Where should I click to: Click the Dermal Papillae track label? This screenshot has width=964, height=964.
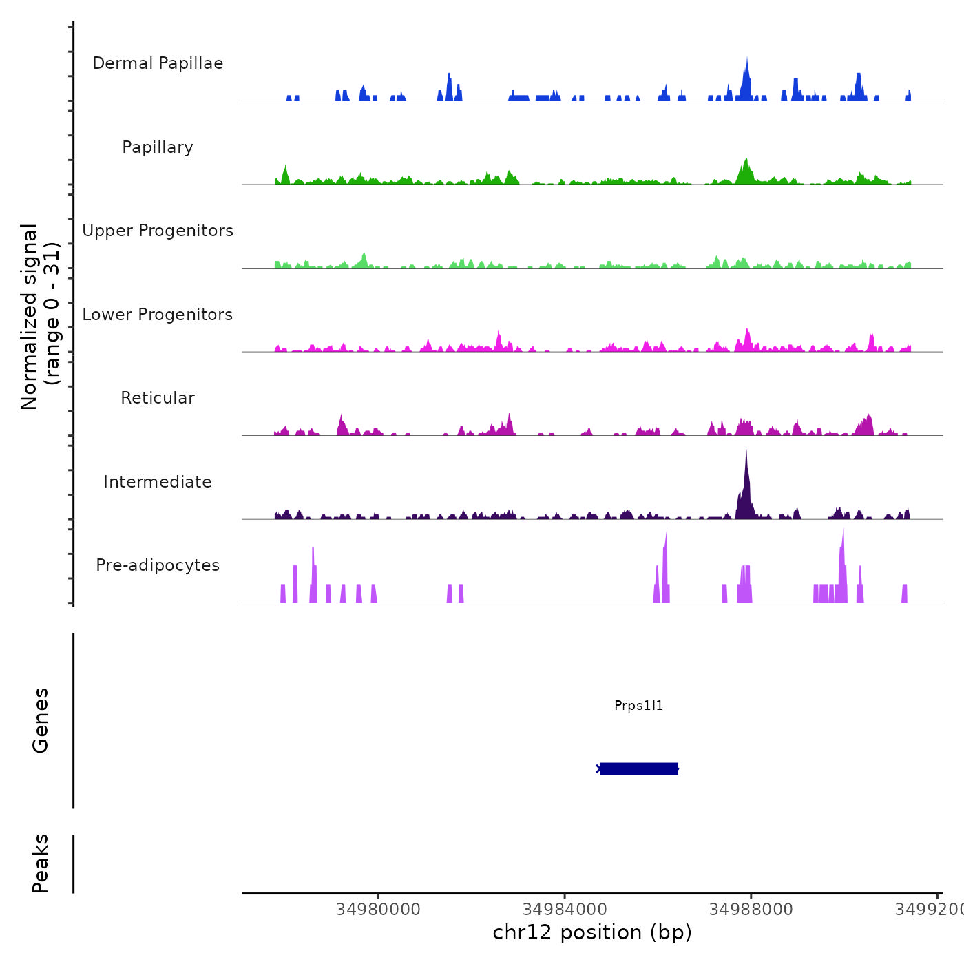pyautogui.click(x=158, y=63)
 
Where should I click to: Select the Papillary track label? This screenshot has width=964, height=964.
pyautogui.click(x=158, y=147)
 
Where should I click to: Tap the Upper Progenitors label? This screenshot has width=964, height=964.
pyautogui.click(x=158, y=231)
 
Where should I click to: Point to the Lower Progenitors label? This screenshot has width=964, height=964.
pyautogui.click(x=158, y=315)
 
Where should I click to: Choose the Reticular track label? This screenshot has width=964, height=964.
pyautogui.click(x=158, y=398)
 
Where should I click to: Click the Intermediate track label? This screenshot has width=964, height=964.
pyautogui.click(x=158, y=482)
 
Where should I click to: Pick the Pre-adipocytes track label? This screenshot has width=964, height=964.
pyautogui.click(x=158, y=565)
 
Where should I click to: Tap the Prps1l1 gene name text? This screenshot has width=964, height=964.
pyautogui.click(x=638, y=706)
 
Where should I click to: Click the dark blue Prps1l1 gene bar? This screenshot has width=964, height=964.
pyautogui.click(x=638, y=768)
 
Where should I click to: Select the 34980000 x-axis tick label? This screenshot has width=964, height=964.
pyautogui.click(x=378, y=910)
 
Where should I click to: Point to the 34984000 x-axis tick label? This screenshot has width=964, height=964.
pyautogui.click(x=565, y=910)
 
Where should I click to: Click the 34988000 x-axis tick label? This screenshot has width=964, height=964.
pyautogui.click(x=751, y=910)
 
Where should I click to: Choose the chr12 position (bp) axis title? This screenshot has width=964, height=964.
pyautogui.click(x=592, y=932)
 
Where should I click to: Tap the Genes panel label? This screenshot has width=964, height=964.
pyautogui.click(x=41, y=720)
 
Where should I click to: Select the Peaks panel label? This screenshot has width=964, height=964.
pyautogui.click(x=41, y=863)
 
